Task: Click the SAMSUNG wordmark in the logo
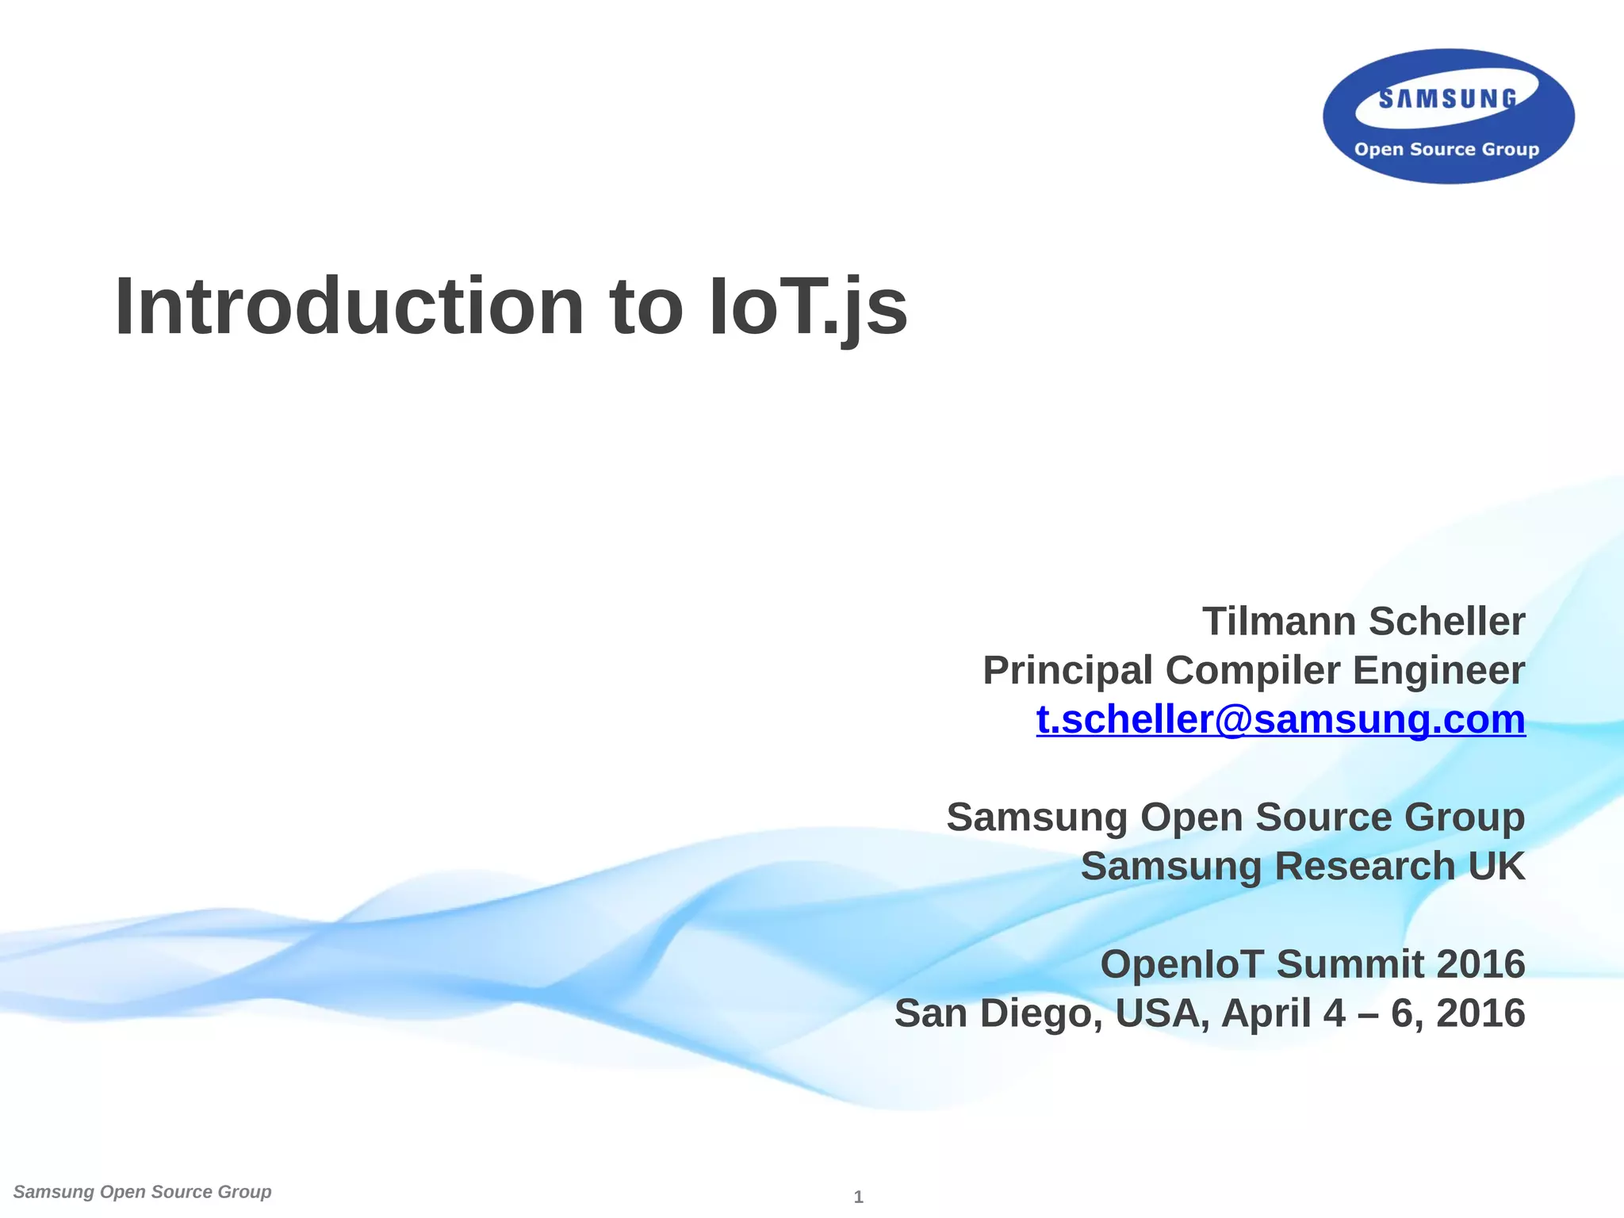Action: point(1448,99)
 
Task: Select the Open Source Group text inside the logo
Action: point(1446,149)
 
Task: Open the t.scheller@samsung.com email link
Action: point(1280,720)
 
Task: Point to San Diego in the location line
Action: point(998,1013)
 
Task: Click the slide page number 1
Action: point(858,1197)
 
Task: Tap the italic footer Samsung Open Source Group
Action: point(143,1192)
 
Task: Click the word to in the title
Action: point(645,308)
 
